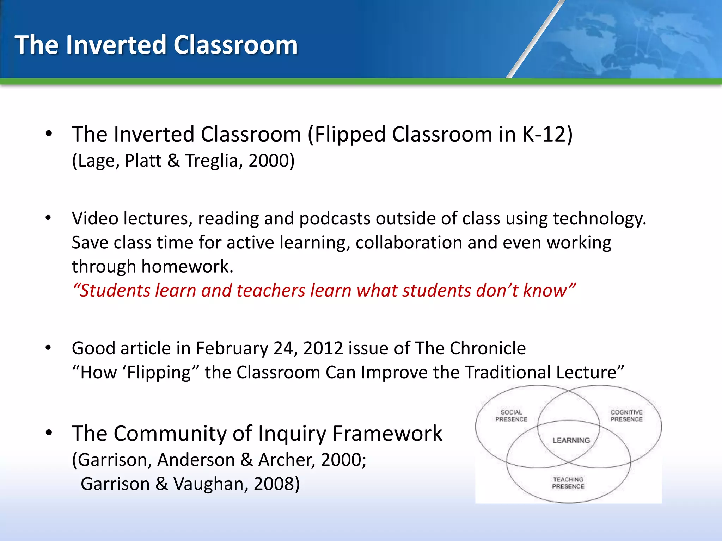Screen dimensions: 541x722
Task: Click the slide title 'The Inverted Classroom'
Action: point(156,45)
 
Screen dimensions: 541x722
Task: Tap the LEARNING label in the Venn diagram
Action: point(571,440)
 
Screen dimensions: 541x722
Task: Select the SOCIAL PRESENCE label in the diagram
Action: point(511,416)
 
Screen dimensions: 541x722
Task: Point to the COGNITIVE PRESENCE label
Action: point(626,416)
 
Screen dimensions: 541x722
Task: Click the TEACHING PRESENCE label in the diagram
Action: point(568,483)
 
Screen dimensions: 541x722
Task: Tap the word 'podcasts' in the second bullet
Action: point(335,219)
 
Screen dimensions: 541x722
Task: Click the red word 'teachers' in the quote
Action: point(271,291)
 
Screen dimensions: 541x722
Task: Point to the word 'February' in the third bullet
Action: point(232,349)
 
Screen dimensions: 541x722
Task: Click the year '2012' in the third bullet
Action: point(323,349)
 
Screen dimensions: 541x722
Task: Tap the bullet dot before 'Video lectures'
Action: point(49,218)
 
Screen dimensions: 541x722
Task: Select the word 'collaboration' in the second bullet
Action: point(409,243)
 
